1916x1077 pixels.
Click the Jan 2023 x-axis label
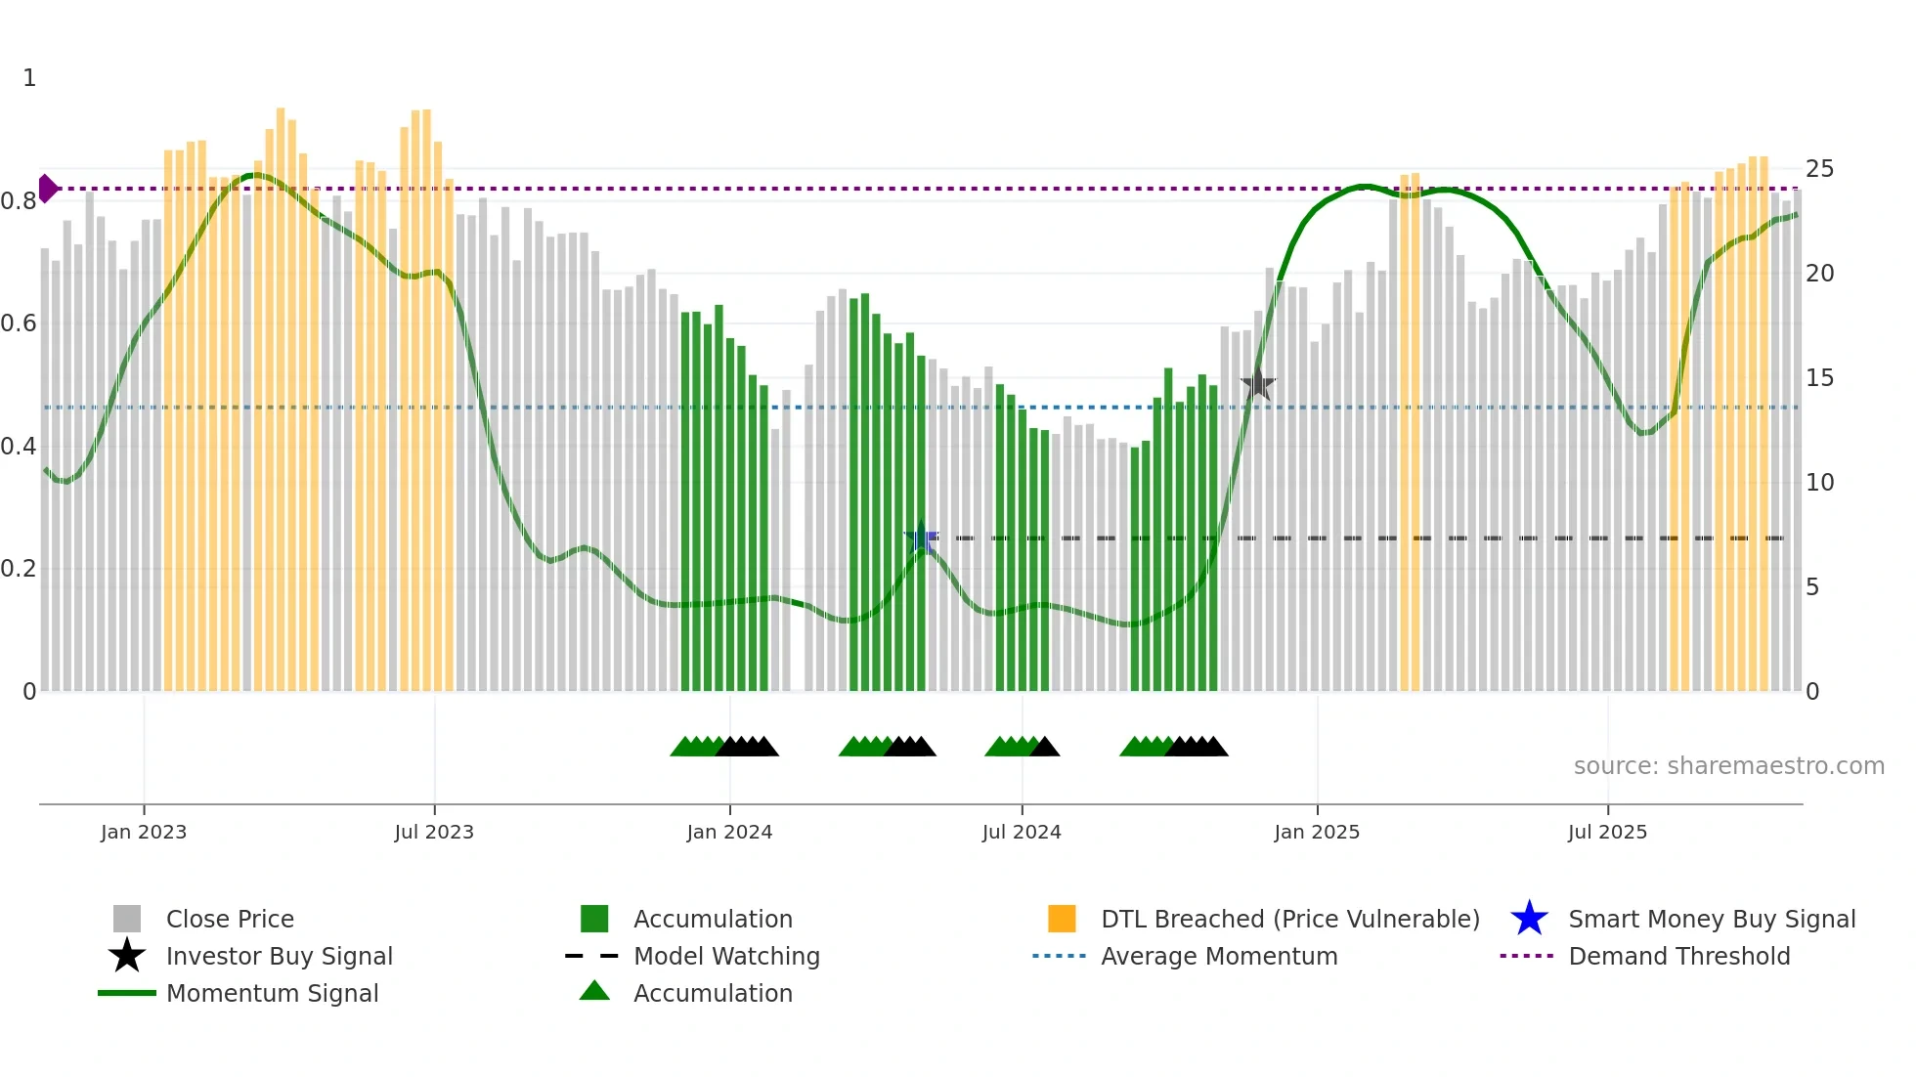[143, 832]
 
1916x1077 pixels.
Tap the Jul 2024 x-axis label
[1021, 832]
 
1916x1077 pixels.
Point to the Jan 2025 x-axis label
[1316, 832]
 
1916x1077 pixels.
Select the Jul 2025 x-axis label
[1607, 832]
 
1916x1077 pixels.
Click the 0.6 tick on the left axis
[19, 323]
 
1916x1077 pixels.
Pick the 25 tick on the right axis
[1819, 169]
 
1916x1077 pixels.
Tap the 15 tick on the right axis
[1819, 378]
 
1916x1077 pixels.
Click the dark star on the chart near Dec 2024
[1258, 385]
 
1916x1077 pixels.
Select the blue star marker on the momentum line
[921, 538]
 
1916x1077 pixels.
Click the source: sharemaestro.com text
[1728, 766]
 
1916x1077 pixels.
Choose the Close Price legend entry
[230, 919]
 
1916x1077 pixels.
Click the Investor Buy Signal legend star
[127, 956]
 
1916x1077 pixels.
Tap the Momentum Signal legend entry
[272, 993]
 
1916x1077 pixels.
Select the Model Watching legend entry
[725, 956]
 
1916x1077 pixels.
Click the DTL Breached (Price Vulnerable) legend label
[1289, 919]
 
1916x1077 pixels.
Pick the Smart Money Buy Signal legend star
[1529, 919]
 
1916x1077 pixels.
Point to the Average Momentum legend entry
[1218, 956]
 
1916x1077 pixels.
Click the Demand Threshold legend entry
[1678, 956]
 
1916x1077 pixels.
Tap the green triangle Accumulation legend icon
[594, 992]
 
